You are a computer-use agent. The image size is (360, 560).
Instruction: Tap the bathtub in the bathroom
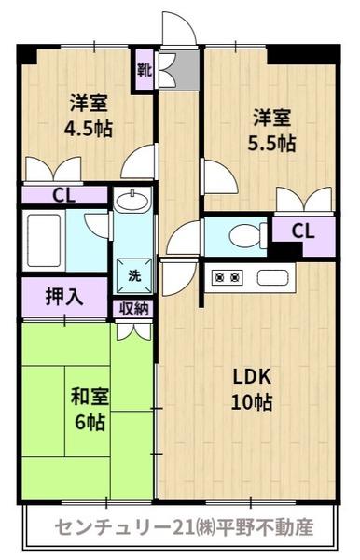point(44,241)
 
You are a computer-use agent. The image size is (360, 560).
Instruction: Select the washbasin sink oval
point(132,202)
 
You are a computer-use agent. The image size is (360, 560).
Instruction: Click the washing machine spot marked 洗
point(134,276)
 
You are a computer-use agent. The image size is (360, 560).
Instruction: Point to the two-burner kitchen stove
point(228,277)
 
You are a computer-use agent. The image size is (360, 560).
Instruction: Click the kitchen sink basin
point(272,277)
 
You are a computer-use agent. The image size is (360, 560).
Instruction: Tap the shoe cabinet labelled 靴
point(145,70)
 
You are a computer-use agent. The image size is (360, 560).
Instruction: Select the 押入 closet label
point(63,297)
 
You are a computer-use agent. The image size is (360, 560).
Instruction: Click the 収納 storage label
point(133,308)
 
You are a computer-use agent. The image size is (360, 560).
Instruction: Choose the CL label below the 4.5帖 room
point(63,195)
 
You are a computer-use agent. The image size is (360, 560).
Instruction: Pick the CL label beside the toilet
point(303,231)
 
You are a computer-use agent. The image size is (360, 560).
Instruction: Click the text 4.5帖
point(88,129)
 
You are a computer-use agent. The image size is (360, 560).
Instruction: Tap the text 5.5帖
point(271,144)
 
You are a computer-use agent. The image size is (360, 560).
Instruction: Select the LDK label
point(252,377)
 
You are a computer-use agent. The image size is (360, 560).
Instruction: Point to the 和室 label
point(90,397)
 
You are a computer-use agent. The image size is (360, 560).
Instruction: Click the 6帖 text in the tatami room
point(90,422)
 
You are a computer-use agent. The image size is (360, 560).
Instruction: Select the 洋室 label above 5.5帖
point(272,118)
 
